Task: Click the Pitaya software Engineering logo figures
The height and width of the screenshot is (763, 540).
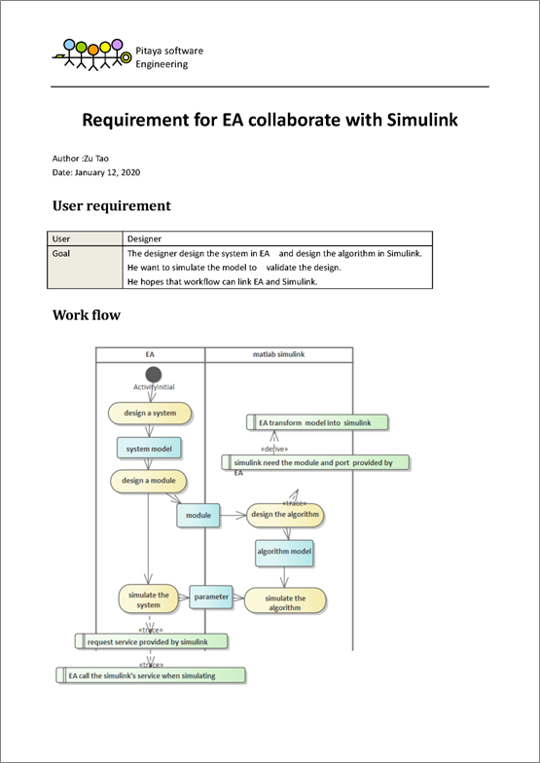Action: [91, 54]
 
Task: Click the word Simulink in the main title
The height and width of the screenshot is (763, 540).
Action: [422, 120]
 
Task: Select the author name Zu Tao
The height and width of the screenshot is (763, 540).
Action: [96, 158]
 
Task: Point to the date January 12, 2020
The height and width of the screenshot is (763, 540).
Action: [107, 172]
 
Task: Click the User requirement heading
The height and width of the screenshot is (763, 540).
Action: [111, 206]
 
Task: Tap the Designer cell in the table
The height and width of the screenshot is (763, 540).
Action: [144, 239]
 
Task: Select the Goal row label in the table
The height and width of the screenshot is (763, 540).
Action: [60, 253]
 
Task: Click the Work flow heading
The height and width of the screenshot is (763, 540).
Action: [86, 315]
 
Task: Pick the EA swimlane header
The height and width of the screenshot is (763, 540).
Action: [150, 354]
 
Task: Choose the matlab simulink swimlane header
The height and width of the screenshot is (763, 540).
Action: [278, 354]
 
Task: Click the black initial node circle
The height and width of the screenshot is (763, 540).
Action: [154, 375]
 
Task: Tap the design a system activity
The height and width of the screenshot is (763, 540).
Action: [150, 413]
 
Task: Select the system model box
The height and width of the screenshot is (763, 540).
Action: [149, 449]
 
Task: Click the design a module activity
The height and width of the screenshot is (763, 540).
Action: [148, 481]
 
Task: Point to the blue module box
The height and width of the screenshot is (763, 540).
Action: [198, 516]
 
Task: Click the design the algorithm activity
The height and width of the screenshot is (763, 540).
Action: [285, 515]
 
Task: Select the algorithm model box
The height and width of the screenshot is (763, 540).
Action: [284, 553]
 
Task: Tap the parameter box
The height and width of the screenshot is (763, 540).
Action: [211, 598]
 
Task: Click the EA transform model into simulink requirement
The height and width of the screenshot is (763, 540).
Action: [317, 422]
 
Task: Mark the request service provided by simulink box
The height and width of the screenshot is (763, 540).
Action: [152, 642]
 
